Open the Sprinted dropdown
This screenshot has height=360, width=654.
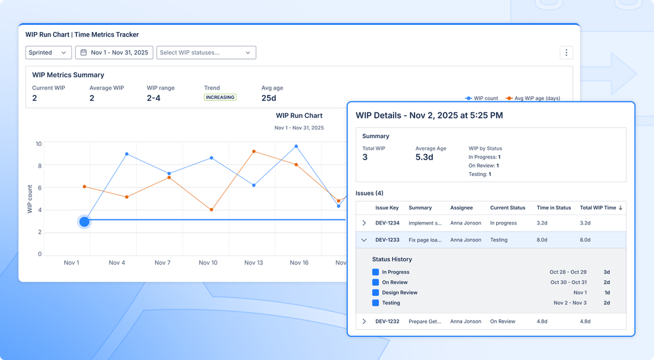pyautogui.click(x=48, y=52)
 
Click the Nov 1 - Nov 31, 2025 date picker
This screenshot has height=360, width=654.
pyautogui.click(x=115, y=52)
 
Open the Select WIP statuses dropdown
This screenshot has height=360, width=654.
pyautogui.click(x=206, y=52)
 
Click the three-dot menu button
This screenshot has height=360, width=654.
pyautogui.click(x=566, y=52)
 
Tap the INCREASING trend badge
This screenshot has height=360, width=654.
pyautogui.click(x=220, y=97)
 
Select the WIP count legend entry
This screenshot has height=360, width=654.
pyautogui.click(x=481, y=98)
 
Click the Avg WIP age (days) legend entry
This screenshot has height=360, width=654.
pyautogui.click(x=533, y=98)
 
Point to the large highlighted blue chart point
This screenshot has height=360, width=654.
pyautogui.click(x=84, y=221)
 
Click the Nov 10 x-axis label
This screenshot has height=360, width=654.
pyautogui.click(x=208, y=263)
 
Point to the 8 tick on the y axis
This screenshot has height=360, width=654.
pyautogui.click(x=40, y=166)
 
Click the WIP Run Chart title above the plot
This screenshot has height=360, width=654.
pyautogui.click(x=299, y=116)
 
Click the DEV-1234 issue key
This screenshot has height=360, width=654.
pyautogui.click(x=387, y=223)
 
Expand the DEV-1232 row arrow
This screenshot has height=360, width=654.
pyautogui.click(x=364, y=321)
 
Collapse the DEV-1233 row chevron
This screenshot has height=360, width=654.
pyautogui.click(x=364, y=240)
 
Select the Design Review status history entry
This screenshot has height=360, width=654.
pyautogui.click(x=399, y=293)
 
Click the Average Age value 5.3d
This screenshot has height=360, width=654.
pyautogui.click(x=424, y=157)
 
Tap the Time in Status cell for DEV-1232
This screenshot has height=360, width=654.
pyautogui.click(x=542, y=321)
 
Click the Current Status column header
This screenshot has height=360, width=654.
pyautogui.click(x=507, y=207)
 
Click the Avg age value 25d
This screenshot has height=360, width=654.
pyautogui.click(x=268, y=98)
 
